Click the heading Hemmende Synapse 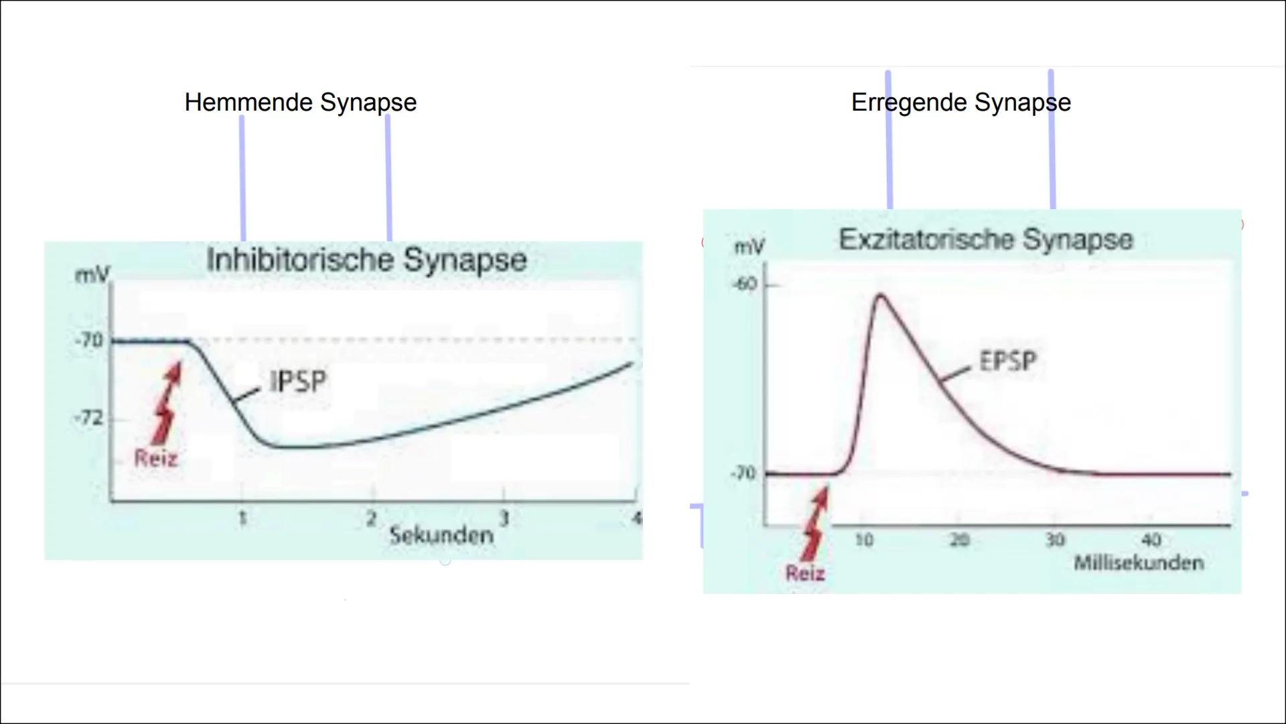301,103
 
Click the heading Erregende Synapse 961,103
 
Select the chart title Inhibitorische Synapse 367,260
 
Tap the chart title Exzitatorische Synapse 986,239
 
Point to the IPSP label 298,382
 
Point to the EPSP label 1008,361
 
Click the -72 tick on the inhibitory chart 89,418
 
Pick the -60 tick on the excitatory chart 745,284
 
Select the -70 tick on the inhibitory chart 89,341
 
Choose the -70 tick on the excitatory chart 743,473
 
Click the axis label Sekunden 441,535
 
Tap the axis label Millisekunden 1139,562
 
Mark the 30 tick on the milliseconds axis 1055,540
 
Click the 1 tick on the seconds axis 242,518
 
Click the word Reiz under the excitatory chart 805,573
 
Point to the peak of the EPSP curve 880,295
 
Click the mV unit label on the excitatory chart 749,247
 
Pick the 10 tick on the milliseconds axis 864,540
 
